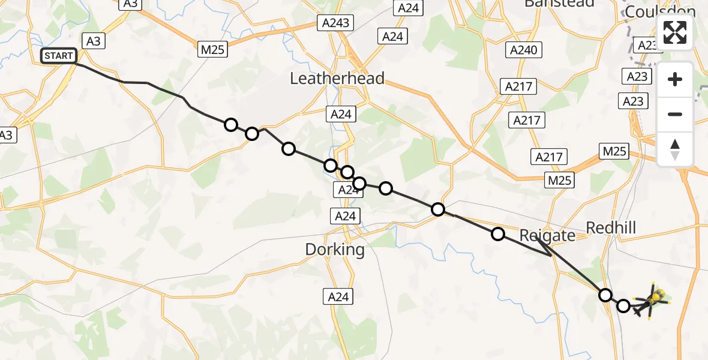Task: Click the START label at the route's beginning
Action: coord(59,56)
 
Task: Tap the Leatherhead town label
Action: coord(337,79)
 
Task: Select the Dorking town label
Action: coord(335,250)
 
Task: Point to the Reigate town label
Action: coord(547,235)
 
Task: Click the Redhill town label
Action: coord(610,228)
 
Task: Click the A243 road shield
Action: coord(335,23)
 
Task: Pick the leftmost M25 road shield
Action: coord(212,50)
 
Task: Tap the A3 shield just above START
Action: coord(93,41)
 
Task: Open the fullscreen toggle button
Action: coord(675,32)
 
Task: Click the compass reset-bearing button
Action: coord(675,149)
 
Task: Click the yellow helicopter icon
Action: coord(656,297)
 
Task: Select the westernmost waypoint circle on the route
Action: coord(231,125)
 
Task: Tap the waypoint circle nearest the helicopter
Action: coord(623,306)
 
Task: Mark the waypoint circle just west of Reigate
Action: coord(498,234)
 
